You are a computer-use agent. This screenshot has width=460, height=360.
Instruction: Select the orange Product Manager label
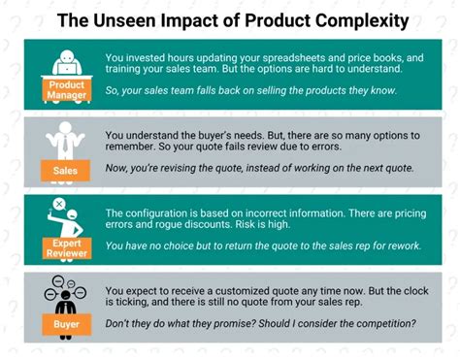click(67, 90)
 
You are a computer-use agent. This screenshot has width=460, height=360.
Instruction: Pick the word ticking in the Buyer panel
click(120, 306)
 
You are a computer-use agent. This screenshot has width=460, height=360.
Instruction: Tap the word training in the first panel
click(126, 69)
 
